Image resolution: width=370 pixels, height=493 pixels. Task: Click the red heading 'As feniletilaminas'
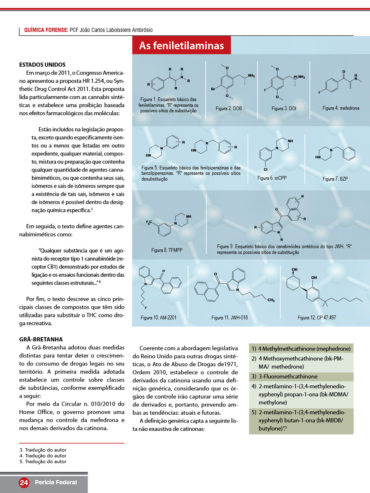point(181,46)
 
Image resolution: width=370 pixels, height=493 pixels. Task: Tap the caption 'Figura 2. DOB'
point(229,108)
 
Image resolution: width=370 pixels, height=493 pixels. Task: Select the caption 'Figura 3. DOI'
point(284,108)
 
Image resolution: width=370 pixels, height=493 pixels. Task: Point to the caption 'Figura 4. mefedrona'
point(341,108)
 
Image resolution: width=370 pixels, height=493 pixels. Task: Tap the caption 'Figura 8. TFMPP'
point(167,250)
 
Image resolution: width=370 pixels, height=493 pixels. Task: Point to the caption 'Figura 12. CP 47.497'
point(316,318)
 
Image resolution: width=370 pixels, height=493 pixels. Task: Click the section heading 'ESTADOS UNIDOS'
point(42,65)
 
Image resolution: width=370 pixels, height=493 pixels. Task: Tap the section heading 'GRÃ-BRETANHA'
point(41,339)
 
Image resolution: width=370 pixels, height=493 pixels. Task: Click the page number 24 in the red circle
point(24,482)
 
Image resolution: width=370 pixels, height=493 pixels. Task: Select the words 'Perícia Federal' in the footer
point(56,482)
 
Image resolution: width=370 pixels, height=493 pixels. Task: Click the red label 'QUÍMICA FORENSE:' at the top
point(46,30)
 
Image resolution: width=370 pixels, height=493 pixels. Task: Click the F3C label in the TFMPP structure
point(150,223)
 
